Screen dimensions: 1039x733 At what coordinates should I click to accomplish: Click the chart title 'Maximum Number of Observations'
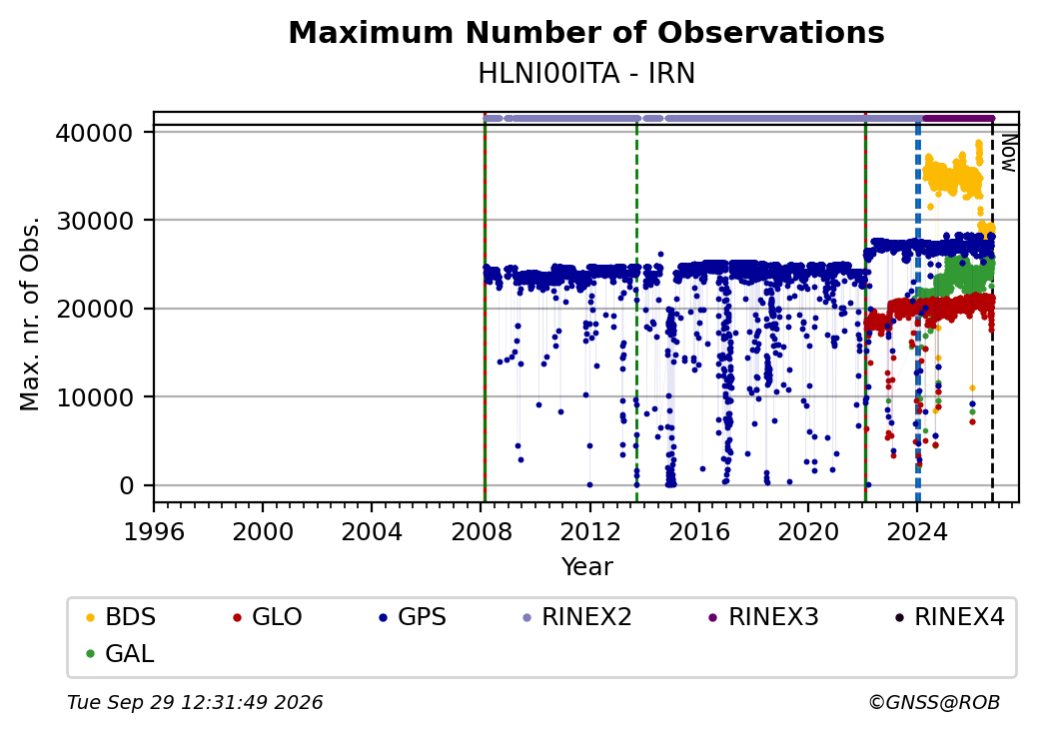tap(586, 32)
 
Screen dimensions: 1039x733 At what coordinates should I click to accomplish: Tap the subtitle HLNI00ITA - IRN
tap(586, 74)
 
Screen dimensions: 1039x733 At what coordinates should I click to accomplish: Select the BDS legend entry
tap(121, 617)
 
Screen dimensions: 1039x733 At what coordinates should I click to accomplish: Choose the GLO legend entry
tap(268, 617)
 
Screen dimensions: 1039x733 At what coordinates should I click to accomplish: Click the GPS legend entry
tap(413, 617)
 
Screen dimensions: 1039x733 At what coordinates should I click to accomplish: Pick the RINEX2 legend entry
tap(577, 617)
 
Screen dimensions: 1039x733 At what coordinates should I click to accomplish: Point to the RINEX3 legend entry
tap(764, 617)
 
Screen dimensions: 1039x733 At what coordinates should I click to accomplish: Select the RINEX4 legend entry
tap(949, 617)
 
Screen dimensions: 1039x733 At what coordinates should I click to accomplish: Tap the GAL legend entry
tap(121, 653)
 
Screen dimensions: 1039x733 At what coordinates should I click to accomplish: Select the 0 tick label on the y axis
tap(127, 486)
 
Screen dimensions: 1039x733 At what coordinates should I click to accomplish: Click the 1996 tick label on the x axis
tap(154, 531)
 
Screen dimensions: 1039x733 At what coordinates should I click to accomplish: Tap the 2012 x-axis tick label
tap(589, 531)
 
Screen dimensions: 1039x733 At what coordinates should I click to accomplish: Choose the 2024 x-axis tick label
tap(917, 531)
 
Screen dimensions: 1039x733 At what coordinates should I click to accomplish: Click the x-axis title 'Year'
tap(587, 567)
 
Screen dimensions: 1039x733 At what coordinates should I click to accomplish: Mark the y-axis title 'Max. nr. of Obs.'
tap(30, 314)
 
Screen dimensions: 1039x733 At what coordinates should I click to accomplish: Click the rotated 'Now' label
tap(1008, 153)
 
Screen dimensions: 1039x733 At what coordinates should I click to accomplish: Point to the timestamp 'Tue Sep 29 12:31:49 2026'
tap(195, 702)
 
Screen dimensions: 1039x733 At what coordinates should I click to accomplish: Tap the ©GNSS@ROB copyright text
tap(934, 702)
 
